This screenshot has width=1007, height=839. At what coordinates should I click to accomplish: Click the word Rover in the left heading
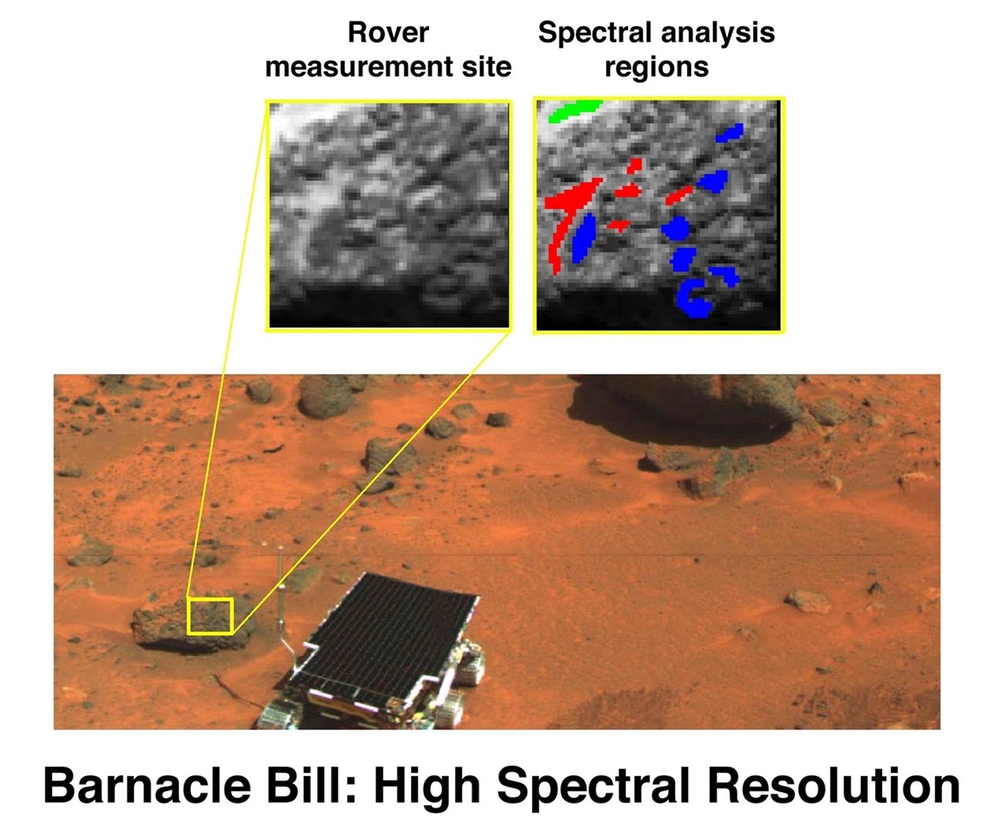tap(388, 32)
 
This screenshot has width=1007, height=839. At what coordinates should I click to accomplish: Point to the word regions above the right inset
tap(656, 67)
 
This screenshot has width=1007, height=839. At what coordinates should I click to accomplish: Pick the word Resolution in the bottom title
tap(833, 786)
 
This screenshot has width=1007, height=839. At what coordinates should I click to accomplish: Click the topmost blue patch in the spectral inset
tap(730, 133)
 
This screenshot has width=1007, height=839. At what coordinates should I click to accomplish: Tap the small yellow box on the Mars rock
tap(210, 616)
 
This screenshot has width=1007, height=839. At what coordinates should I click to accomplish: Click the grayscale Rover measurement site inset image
tap(389, 214)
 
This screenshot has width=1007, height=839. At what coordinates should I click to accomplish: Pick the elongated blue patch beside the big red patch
tap(584, 238)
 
